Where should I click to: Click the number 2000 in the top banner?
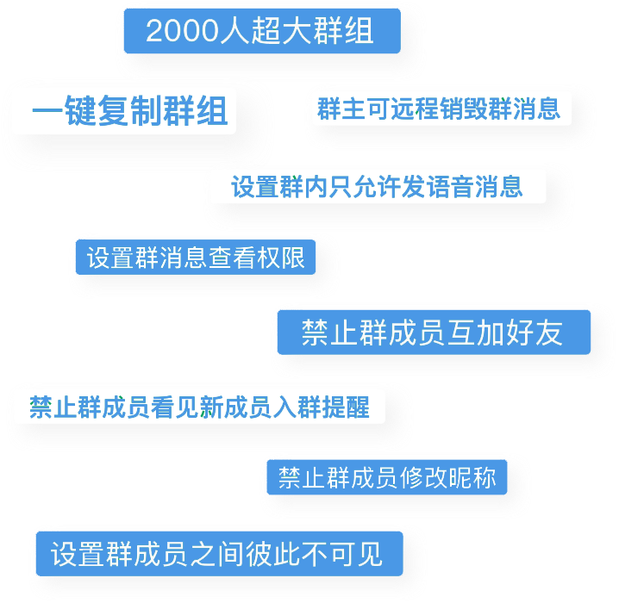coord(183,31)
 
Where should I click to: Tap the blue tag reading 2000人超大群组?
coord(262,31)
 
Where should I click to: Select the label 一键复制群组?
coord(130,111)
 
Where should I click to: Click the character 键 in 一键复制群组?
coord(80,111)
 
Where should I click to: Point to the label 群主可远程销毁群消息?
coord(439,109)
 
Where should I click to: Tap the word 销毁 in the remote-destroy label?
coord(463,109)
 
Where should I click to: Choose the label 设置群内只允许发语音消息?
coord(377,187)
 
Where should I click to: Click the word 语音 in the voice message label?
coord(450,187)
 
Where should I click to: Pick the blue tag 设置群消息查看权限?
coord(196,257)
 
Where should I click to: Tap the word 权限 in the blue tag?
coord(281,258)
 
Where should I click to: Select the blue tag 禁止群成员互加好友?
coord(434,332)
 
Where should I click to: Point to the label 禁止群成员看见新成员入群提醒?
coord(199,407)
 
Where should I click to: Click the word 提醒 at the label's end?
coord(346,407)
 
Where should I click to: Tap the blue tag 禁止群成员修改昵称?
coord(387,477)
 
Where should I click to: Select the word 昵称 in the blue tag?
coord(472,477)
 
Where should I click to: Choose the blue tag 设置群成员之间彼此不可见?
coord(220,554)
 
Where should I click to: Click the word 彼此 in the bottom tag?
coord(272,554)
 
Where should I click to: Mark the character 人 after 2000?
coord(234,31)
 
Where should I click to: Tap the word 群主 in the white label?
coord(341,109)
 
